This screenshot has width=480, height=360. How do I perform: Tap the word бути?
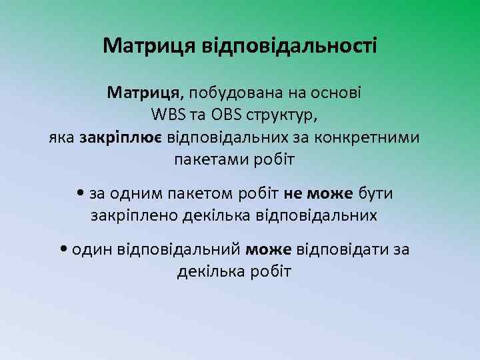376,193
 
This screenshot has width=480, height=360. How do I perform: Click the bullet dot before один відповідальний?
63,249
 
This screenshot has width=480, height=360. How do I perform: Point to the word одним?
129,193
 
